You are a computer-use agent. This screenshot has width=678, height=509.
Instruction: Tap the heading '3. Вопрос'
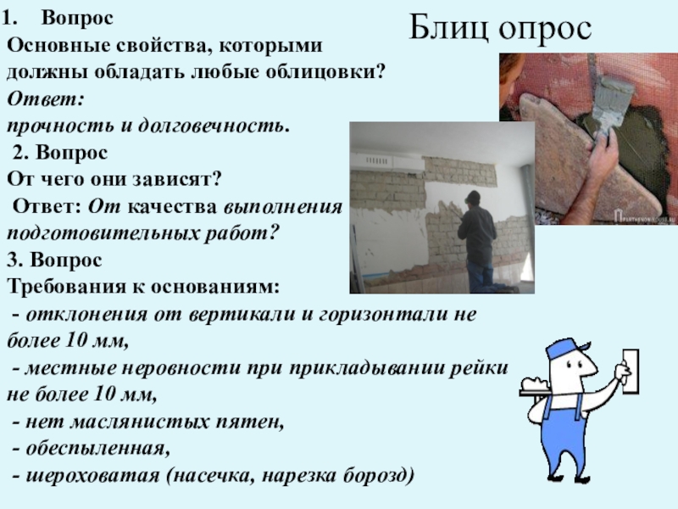(54, 259)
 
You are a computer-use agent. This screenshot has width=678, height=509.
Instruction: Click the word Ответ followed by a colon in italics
(45, 98)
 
